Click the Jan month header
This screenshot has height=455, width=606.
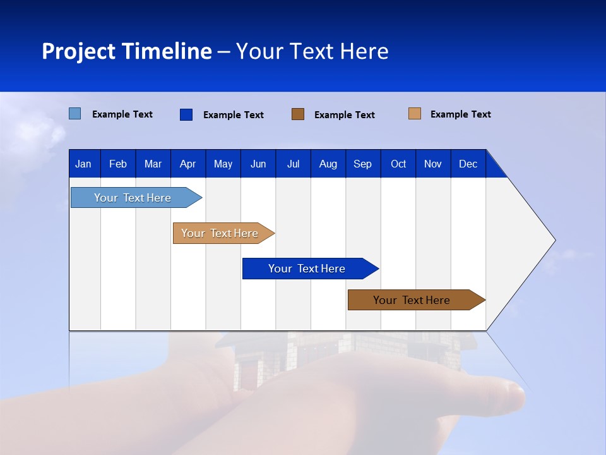pyautogui.click(x=83, y=164)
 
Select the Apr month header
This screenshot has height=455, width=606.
pyautogui.click(x=187, y=164)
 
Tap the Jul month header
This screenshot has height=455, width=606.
pyautogui.click(x=293, y=164)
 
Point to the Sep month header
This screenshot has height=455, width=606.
pyautogui.click(x=362, y=164)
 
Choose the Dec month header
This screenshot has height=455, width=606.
pyautogui.click(x=468, y=164)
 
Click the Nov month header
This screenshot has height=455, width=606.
pyautogui.click(x=432, y=164)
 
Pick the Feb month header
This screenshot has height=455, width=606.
pyautogui.click(x=118, y=164)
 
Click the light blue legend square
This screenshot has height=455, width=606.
pyautogui.click(x=74, y=114)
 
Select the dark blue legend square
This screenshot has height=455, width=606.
pyautogui.click(x=186, y=114)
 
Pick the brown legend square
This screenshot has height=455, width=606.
pyautogui.click(x=298, y=114)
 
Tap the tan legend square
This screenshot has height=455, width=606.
pyautogui.click(x=414, y=114)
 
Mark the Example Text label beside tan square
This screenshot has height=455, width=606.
pyautogui.click(x=460, y=114)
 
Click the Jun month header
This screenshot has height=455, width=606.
pyautogui.click(x=258, y=164)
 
